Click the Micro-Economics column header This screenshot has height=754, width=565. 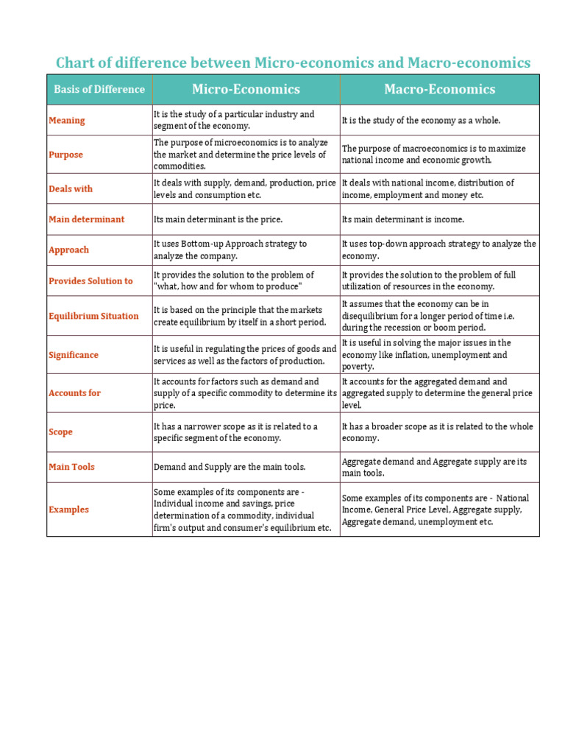coord(246,89)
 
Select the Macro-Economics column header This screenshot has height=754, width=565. coord(439,89)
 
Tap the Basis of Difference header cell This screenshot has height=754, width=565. coord(99,89)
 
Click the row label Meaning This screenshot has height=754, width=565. coord(67,120)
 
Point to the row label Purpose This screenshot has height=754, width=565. coord(66,155)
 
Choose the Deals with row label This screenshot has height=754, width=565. coord(71,188)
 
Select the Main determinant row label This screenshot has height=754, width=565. coord(87,219)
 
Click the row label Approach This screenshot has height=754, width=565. coord(68,250)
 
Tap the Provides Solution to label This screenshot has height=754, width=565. coord(90,281)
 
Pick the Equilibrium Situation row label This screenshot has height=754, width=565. coord(93,316)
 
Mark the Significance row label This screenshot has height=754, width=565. coord(74,355)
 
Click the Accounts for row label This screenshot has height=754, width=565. coord(74,393)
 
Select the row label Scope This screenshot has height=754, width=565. coord(60,432)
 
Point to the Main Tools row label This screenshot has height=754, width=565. coord(71,467)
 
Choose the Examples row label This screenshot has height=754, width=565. coord(68,510)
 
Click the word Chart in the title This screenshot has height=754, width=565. coord(76,63)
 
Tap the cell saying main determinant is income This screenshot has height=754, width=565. coord(403,219)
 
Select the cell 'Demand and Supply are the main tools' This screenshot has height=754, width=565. coord(229,467)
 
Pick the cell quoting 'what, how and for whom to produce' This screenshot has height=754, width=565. coord(233,281)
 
